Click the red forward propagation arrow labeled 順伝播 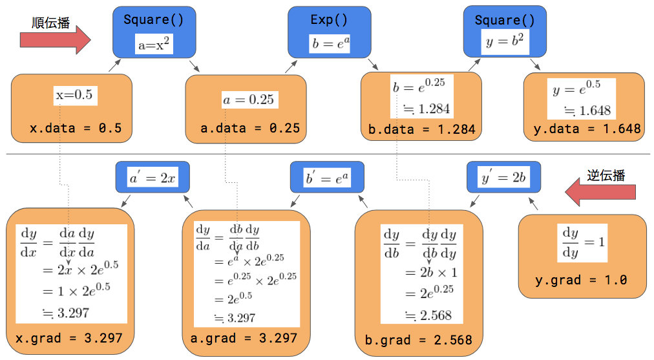click(x=55, y=40)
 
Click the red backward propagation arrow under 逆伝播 click(x=600, y=192)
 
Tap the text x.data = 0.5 click(x=76, y=128)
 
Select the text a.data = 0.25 click(x=250, y=128)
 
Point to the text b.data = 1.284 click(x=422, y=129)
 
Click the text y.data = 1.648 click(x=587, y=129)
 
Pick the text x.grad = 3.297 click(x=69, y=338)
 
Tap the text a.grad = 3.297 click(x=244, y=338)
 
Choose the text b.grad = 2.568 click(x=418, y=340)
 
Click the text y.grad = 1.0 click(x=581, y=280)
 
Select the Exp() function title click(x=329, y=19)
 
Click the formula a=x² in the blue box click(x=154, y=44)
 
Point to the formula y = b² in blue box click(x=505, y=41)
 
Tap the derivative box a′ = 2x click(x=153, y=177)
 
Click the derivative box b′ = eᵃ click(x=328, y=177)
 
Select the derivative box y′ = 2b click(x=504, y=177)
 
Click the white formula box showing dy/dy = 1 click(x=582, y=243)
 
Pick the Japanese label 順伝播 click(x=51, y=23)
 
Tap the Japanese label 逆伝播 click(x=606, y=175)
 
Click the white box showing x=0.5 click(x=76, y=96)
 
